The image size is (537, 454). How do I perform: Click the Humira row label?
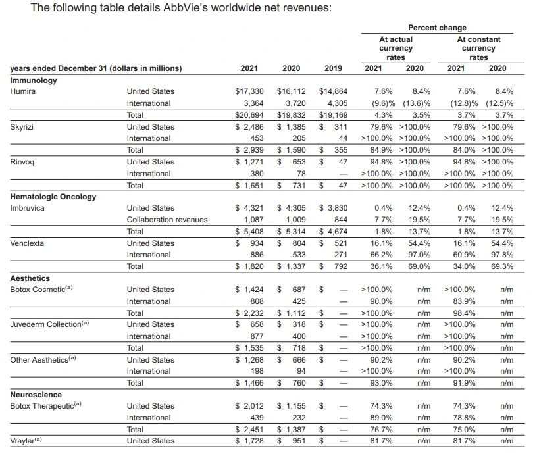pyautogui.click(x=23, y=91)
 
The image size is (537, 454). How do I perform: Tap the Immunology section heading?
pyautogui.click(x=34, y=80)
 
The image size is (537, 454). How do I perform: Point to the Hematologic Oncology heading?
pyautogui.click(x=53, y=197)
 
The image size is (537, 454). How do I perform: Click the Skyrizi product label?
pyautogui.click(x=23, y=126)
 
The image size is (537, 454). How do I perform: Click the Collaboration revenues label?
pyautogui.click(x=166, y=220)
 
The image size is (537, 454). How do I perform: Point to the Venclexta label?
pyautogui.click(x=27, y=243)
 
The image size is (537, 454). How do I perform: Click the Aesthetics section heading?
pyautogui.click(x=30, y=278)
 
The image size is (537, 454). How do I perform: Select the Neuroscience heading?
pyautogui.click(x=36, y=395)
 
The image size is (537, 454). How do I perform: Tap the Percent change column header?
pyautogui.click(x=437, y=28)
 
